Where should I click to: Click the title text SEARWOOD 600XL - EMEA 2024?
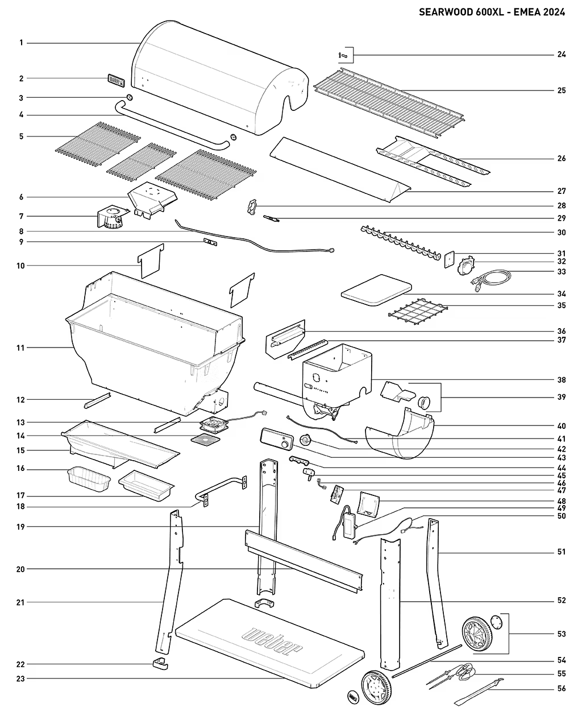pos(492,12)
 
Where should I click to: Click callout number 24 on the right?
pos(561,55)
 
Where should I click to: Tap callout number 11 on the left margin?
pos(21,348)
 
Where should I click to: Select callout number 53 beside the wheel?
pos(561,634)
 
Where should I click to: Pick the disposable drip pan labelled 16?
pos(88,478)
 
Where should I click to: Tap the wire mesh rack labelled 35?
pos(417,313)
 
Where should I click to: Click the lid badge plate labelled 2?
pos(115,80)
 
